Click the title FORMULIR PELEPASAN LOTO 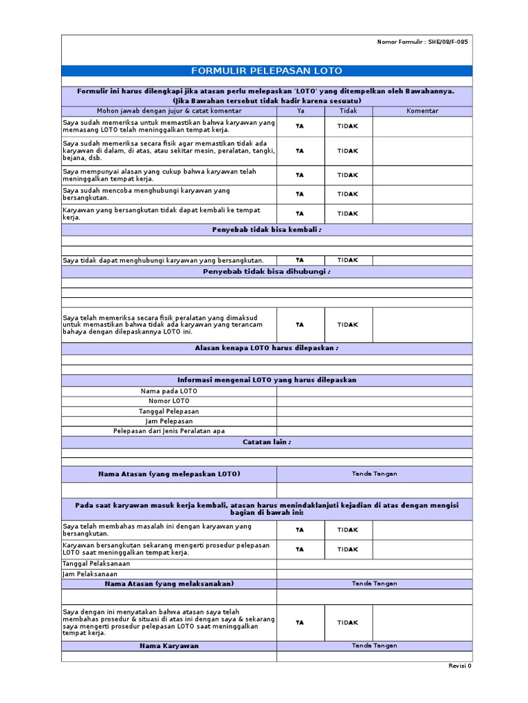click(x=266, y=71)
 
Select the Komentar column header click(x=422, y=111)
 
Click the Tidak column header click(x=348, y=111)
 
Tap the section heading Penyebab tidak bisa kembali click(x=266, y=230)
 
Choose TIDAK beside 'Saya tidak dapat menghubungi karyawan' click(x=348, y=260)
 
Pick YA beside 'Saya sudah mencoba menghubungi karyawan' click(x=300, y=194)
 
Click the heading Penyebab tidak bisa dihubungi click(x=266, y=272)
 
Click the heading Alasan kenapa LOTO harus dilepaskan click(x=266, y=348)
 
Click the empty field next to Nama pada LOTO click(x=375, y=391)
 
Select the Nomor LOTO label click(x=169, y=401)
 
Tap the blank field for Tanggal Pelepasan click(x=375, y=411)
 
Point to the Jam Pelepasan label click(x=169, y=421)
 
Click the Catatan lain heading click(x=266, y=442)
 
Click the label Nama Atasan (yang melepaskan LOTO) click(x=169, y=474)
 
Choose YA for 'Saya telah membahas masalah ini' click(x=300, y=530)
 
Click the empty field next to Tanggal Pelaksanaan click(x=375, y=564)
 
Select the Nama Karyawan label click(x=169, y=646)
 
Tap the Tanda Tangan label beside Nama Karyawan click(x=375, y=646)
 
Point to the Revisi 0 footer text click(x=460, y=666)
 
